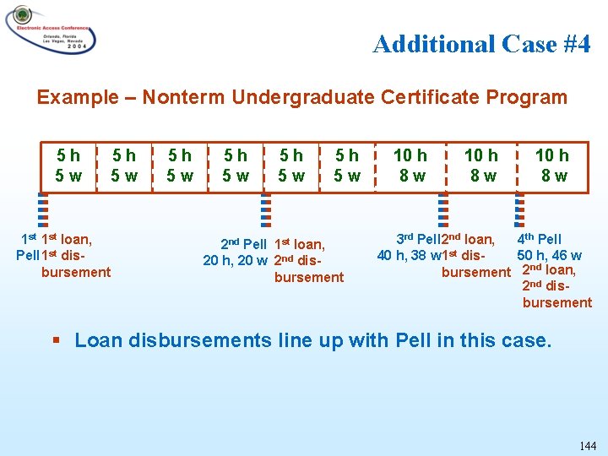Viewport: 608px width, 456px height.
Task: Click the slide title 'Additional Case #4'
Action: point(481,44)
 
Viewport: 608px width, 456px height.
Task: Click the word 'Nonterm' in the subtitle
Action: point(176,97)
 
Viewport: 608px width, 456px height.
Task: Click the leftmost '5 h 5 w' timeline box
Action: point(68,166)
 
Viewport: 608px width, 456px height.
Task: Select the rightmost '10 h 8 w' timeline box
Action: point(553,166)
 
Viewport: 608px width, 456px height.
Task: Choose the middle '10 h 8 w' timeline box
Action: point(481,166)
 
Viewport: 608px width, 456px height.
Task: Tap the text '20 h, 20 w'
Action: point(235,260)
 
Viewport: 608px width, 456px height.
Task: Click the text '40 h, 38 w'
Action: point(410,255)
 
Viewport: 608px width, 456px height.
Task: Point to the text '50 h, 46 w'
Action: point(549,255)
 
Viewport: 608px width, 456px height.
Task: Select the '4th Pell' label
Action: point(539,239)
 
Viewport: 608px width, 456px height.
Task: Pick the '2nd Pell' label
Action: point(243,245)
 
